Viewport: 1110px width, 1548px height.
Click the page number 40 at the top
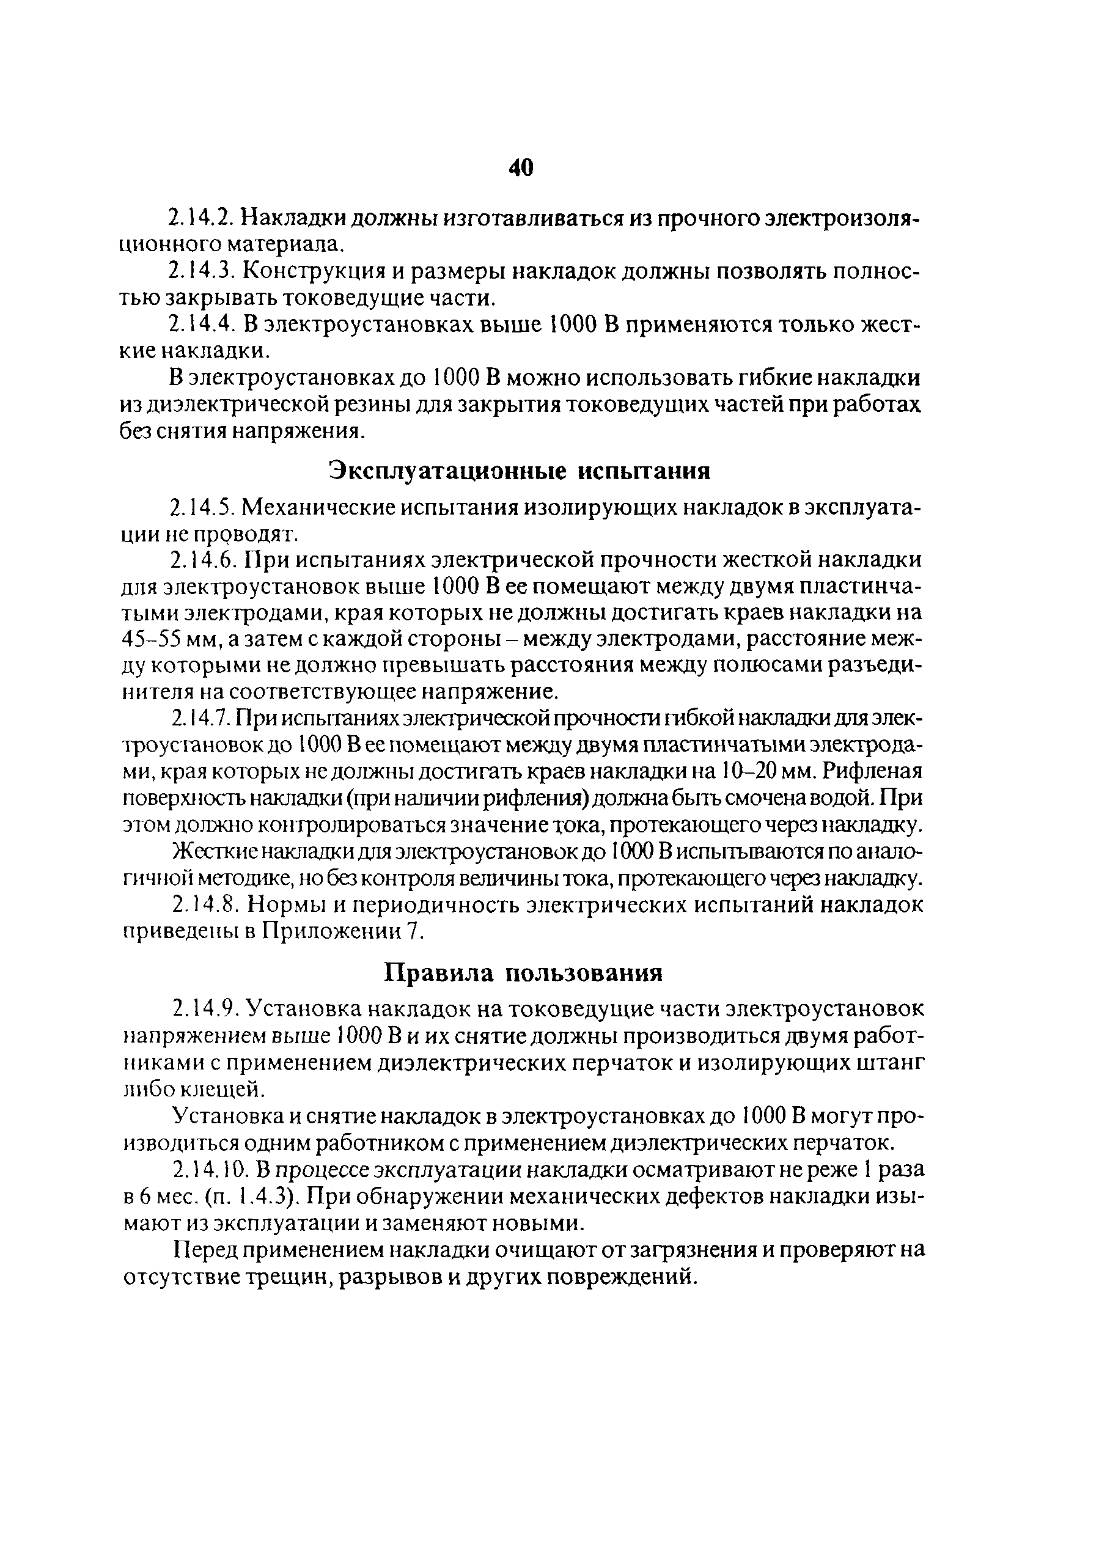pyautogui.click(x=521, y=168)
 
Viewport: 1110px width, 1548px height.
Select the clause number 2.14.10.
pyautogui.click(x=210, y=1170)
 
